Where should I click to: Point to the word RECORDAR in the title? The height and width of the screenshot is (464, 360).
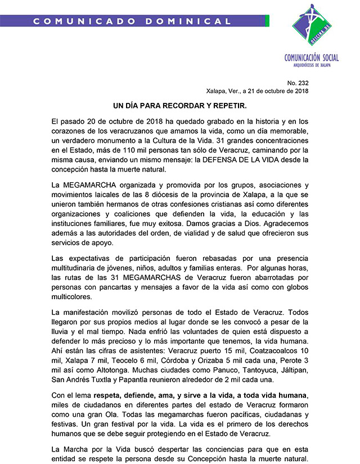pyautogui.click(x=186, y=106)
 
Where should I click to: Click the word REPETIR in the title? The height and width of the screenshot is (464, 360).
pyautogui.click(x=229, y=106)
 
